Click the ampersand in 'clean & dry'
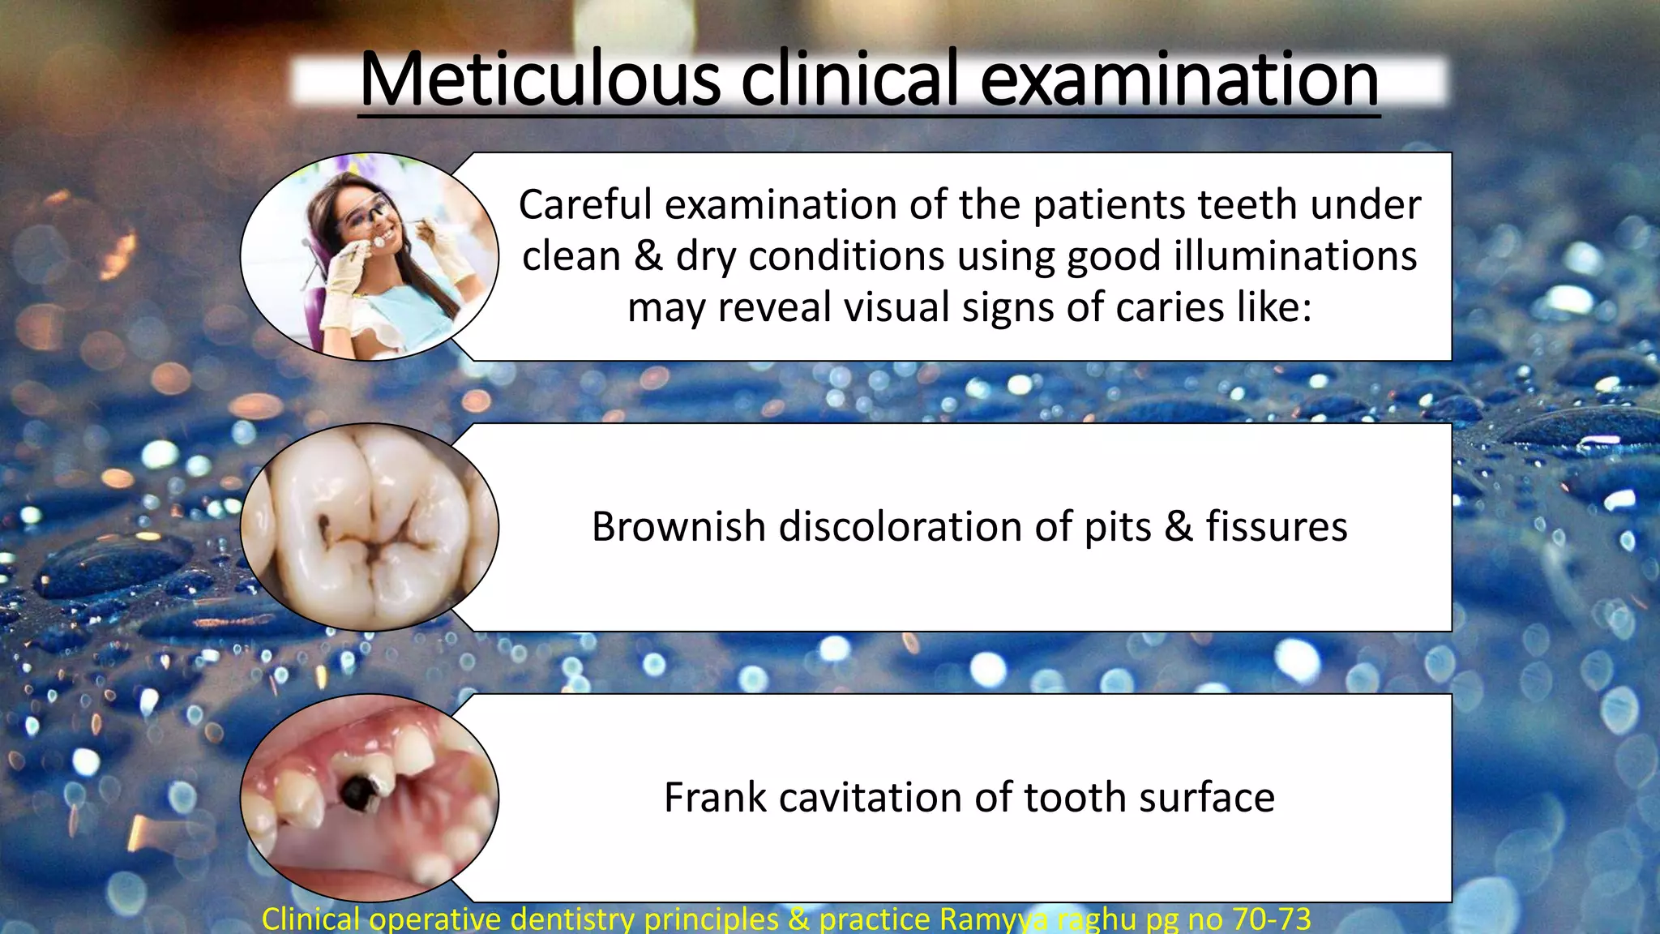648,256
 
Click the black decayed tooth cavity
357,790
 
